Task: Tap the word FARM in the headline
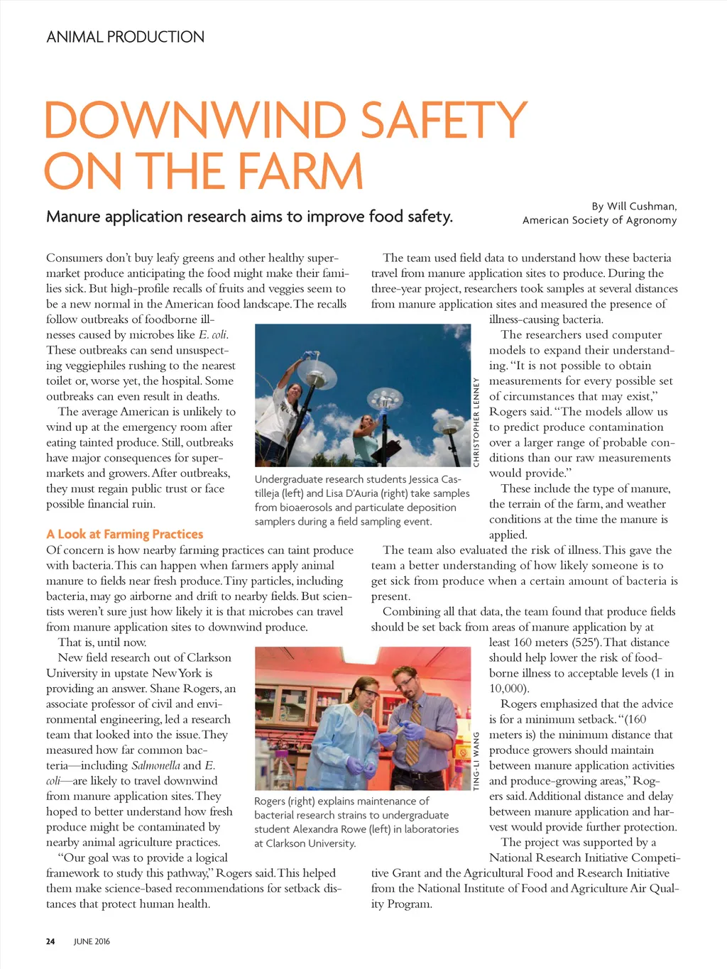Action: coord(300,171)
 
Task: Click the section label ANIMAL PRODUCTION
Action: coord(125,37)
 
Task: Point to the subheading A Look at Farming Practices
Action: coord(125,535)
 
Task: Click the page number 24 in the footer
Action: coord(50,941)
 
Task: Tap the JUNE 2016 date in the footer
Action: coord(92,941)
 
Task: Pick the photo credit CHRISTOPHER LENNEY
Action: coord(477,422)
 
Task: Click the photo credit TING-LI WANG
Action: coord(477,760)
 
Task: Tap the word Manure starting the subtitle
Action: coord(73,217)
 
